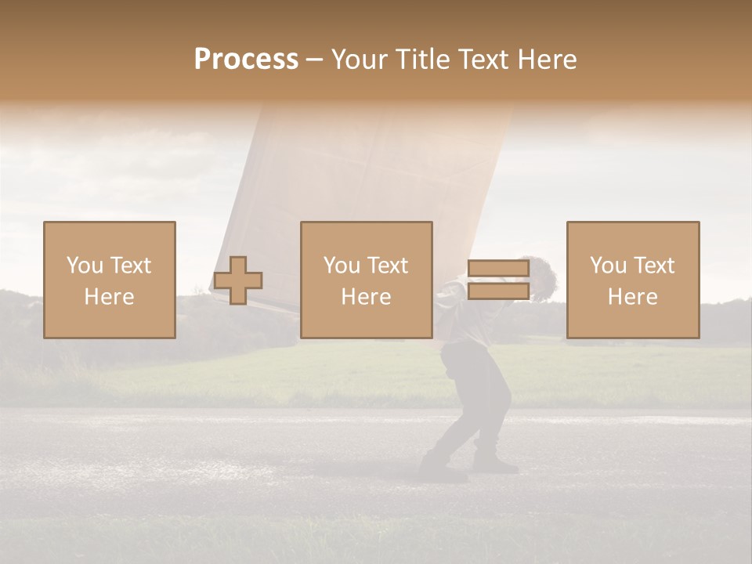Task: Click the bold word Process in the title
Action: pos(246,60)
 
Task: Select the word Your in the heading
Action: pos(360,60)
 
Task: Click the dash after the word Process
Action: pos(315,60)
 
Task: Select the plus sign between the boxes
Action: pos(238,280)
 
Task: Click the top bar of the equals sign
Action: pos(499,269)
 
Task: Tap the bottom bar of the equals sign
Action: pos(499,291)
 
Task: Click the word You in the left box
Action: pos(84,265)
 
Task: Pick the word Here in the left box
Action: pos(109,297)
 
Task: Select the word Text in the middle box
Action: pos(388,265)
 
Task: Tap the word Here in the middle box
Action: pos(366,297)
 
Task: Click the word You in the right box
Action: pos(608,265)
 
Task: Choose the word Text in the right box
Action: pos(654,265)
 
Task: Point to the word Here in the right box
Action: pos(632,297)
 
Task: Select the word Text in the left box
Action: pos(130,265)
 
